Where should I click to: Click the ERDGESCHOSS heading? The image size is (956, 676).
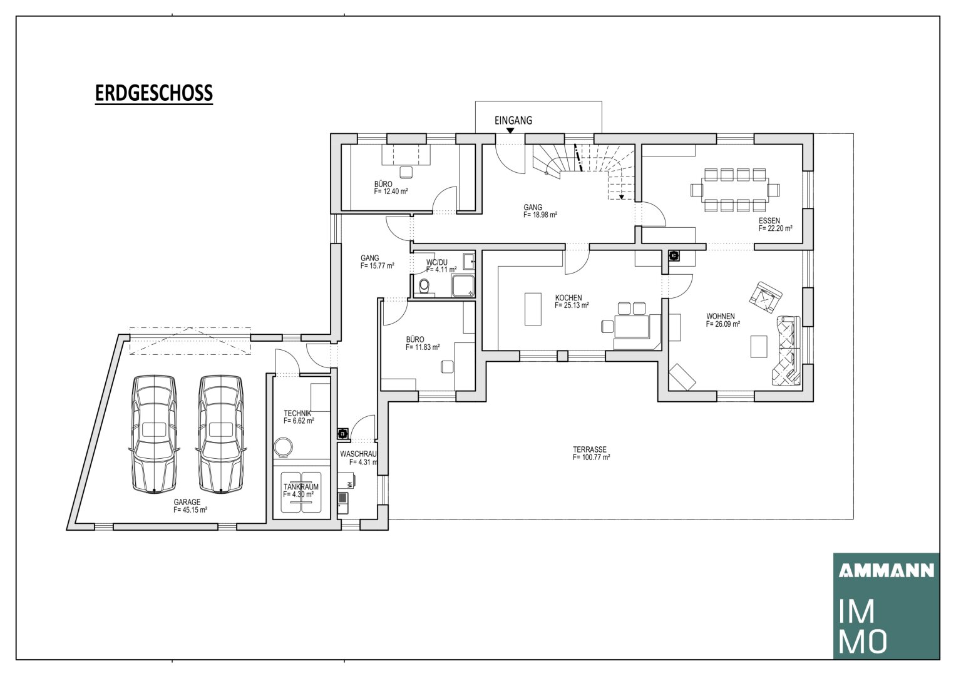point(153,93)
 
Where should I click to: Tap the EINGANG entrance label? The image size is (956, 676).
point(513,120)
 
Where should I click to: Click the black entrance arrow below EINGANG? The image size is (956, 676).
point(510,131)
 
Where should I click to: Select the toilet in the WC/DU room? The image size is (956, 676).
point(424,286)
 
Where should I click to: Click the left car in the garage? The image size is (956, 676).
point(154,434)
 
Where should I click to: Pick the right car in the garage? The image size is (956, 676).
point(220,434)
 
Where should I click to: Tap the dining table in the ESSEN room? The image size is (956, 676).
point(735,190)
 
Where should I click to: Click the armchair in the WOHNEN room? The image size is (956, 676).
point(766,297)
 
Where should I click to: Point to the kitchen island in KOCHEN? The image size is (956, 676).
point(533,309)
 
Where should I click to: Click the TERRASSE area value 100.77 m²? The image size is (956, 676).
point(592,457)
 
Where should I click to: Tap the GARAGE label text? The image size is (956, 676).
point(187,502)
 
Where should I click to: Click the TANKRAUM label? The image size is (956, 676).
point(301,487)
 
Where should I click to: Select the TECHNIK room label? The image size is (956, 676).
point(297,414)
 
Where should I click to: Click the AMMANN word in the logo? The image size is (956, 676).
point(887,571)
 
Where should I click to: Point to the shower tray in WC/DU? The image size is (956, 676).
point(463,286)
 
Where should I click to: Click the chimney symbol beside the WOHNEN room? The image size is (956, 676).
point(674,255)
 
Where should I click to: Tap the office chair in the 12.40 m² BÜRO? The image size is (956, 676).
point(406,172)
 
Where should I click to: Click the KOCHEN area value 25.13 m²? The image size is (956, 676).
point(572,305)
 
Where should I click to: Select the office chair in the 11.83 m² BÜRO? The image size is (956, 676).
point(447,367)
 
